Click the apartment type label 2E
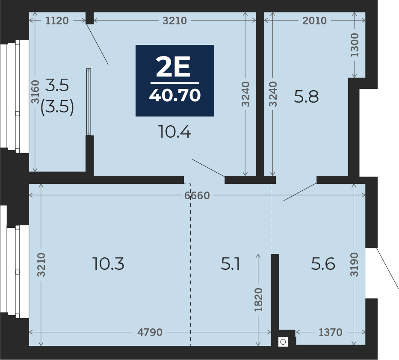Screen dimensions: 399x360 173,67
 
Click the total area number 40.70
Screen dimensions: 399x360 175,95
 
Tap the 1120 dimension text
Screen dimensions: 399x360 57,21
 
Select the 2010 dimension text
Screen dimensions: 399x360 314,21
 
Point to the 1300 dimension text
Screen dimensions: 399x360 355,45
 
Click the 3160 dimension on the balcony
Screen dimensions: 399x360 35,92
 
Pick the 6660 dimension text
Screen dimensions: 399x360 197,195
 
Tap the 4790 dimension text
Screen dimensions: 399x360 150,332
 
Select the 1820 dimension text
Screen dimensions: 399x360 258,300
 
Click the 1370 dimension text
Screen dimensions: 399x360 330,332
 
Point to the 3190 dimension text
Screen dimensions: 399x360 354,265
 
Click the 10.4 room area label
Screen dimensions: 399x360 174,132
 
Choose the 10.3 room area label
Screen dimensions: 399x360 108,263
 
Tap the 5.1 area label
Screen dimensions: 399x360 230,263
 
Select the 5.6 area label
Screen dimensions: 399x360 323,263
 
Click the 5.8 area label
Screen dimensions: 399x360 306,97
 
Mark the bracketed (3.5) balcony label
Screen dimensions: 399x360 57,107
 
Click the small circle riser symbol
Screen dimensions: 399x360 283,342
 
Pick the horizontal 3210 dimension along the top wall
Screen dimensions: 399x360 174,21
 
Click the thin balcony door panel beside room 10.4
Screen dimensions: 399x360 89,102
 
